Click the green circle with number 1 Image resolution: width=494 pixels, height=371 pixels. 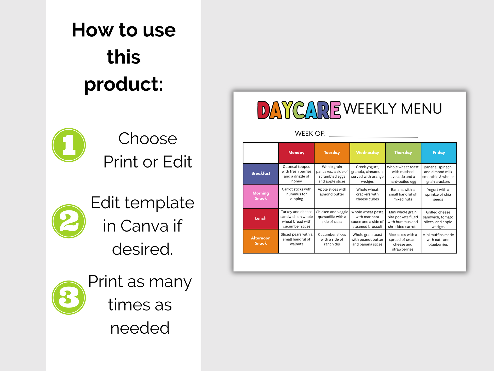(69, 145)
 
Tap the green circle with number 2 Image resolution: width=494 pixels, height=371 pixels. (69, 221)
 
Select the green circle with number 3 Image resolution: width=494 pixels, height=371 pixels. (69, 298)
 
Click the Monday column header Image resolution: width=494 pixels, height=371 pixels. (296, 153)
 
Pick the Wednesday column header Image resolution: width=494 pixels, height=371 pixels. (368, 153)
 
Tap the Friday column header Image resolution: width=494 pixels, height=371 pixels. (439, 153)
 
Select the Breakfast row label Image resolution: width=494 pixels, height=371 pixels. (261, 174)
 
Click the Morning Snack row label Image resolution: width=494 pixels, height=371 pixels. (261, 196)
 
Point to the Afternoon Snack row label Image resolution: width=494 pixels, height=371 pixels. (261, 241)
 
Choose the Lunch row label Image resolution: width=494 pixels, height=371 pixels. (261, 219)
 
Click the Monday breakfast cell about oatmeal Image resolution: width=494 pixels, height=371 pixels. (297, 174)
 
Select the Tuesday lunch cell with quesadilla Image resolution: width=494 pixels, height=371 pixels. (332, 219)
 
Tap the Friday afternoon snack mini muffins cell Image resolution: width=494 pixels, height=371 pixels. (439, 241)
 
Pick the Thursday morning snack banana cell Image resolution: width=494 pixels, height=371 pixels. (403, 196)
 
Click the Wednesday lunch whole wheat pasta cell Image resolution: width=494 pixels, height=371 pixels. (367, 219)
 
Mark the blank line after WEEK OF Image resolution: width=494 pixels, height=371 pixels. (373, 137)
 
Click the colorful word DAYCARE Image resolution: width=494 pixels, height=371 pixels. (299, 110)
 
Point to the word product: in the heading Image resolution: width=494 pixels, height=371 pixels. (124, 84)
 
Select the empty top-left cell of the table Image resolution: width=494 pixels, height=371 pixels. (261, 153)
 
